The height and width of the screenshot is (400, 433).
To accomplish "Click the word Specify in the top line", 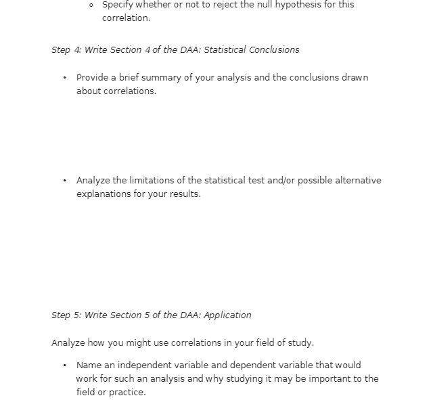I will [x=118, y=5].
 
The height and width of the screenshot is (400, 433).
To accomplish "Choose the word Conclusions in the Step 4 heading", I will [x=274, y=50].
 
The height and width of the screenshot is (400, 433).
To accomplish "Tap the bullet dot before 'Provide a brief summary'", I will [x=64, y=78].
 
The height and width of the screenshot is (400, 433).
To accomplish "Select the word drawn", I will [x=355, y=78].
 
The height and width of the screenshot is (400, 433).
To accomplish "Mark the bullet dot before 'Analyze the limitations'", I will [x=64, y=181].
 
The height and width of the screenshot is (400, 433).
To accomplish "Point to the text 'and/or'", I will [x=286, y=181].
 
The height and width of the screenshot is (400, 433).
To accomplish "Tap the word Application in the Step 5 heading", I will [x=227, y=315].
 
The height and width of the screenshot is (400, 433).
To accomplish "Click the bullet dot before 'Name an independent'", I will [x=64, y=365].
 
